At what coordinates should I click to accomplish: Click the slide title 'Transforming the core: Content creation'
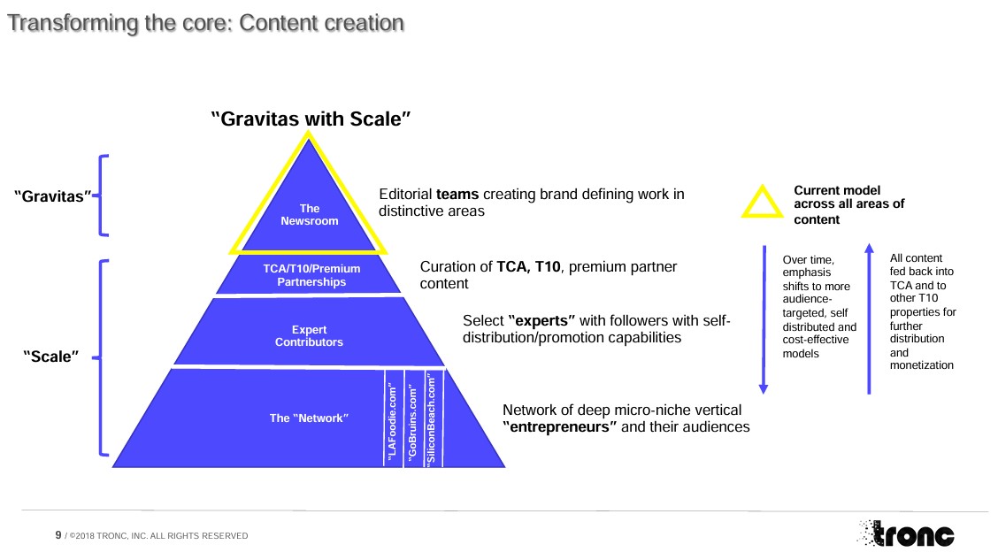[x=205, y=24]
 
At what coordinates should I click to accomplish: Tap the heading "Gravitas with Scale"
[x=311, y=119]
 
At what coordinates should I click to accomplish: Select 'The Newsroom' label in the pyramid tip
[x=310, y=215]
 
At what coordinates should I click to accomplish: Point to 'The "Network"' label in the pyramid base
[x=309, y=418]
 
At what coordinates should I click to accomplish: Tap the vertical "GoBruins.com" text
[x=412, y=419]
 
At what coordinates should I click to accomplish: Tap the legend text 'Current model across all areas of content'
[x=848, y=204]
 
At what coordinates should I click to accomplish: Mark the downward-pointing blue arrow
[x=764, y=319]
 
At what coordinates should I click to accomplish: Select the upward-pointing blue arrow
[x=869, y=318]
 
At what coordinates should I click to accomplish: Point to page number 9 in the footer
[x=58, y=534]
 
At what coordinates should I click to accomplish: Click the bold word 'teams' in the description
[x=457, y=195]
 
